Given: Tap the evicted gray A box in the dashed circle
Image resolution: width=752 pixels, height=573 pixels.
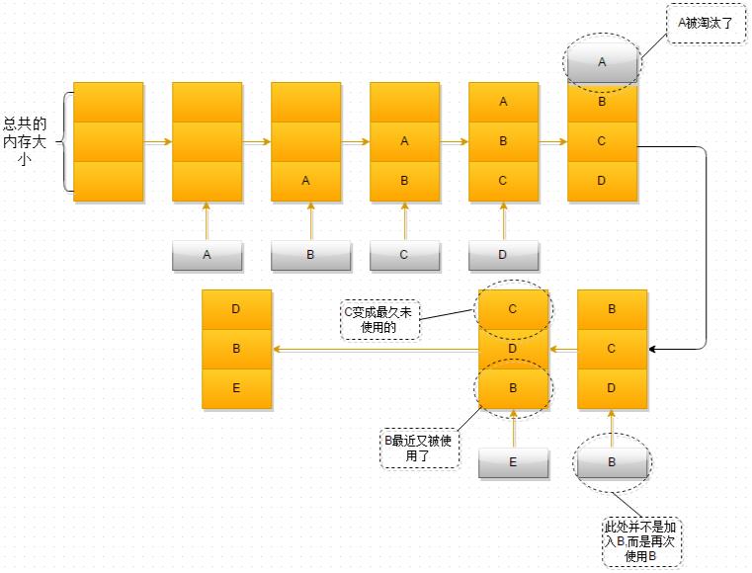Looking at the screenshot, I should [x=602, y=62].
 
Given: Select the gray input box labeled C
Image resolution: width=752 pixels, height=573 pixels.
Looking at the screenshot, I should [x=404, y=255].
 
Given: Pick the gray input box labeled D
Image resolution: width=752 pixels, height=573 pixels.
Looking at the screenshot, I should [x=503, y=255].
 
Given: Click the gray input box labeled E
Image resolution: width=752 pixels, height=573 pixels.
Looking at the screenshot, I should [x=513, y=462].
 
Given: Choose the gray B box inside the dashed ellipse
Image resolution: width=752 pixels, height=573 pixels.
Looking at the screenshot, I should [x=612, y=462].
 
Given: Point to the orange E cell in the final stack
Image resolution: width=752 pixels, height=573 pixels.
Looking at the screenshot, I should [x=236, y=388].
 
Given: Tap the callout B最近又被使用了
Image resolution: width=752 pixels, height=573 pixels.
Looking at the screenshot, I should [x=419, y=449].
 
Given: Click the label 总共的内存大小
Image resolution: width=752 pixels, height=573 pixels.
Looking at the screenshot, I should [x=25, y=141].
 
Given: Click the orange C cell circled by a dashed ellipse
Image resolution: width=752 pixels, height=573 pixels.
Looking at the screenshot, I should [x=513, y=309].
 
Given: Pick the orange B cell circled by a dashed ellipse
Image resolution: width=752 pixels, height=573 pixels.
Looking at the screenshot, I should [x=513, y=388].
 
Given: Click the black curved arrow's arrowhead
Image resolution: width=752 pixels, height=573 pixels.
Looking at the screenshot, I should [x=653, y=349].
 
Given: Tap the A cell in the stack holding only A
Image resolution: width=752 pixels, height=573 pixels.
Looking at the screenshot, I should [x=305, y=181].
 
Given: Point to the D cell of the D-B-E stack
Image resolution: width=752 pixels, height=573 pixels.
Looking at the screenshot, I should [x=236, y=309].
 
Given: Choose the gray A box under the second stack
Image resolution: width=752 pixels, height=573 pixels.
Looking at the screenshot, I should [x=207, y=255].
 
